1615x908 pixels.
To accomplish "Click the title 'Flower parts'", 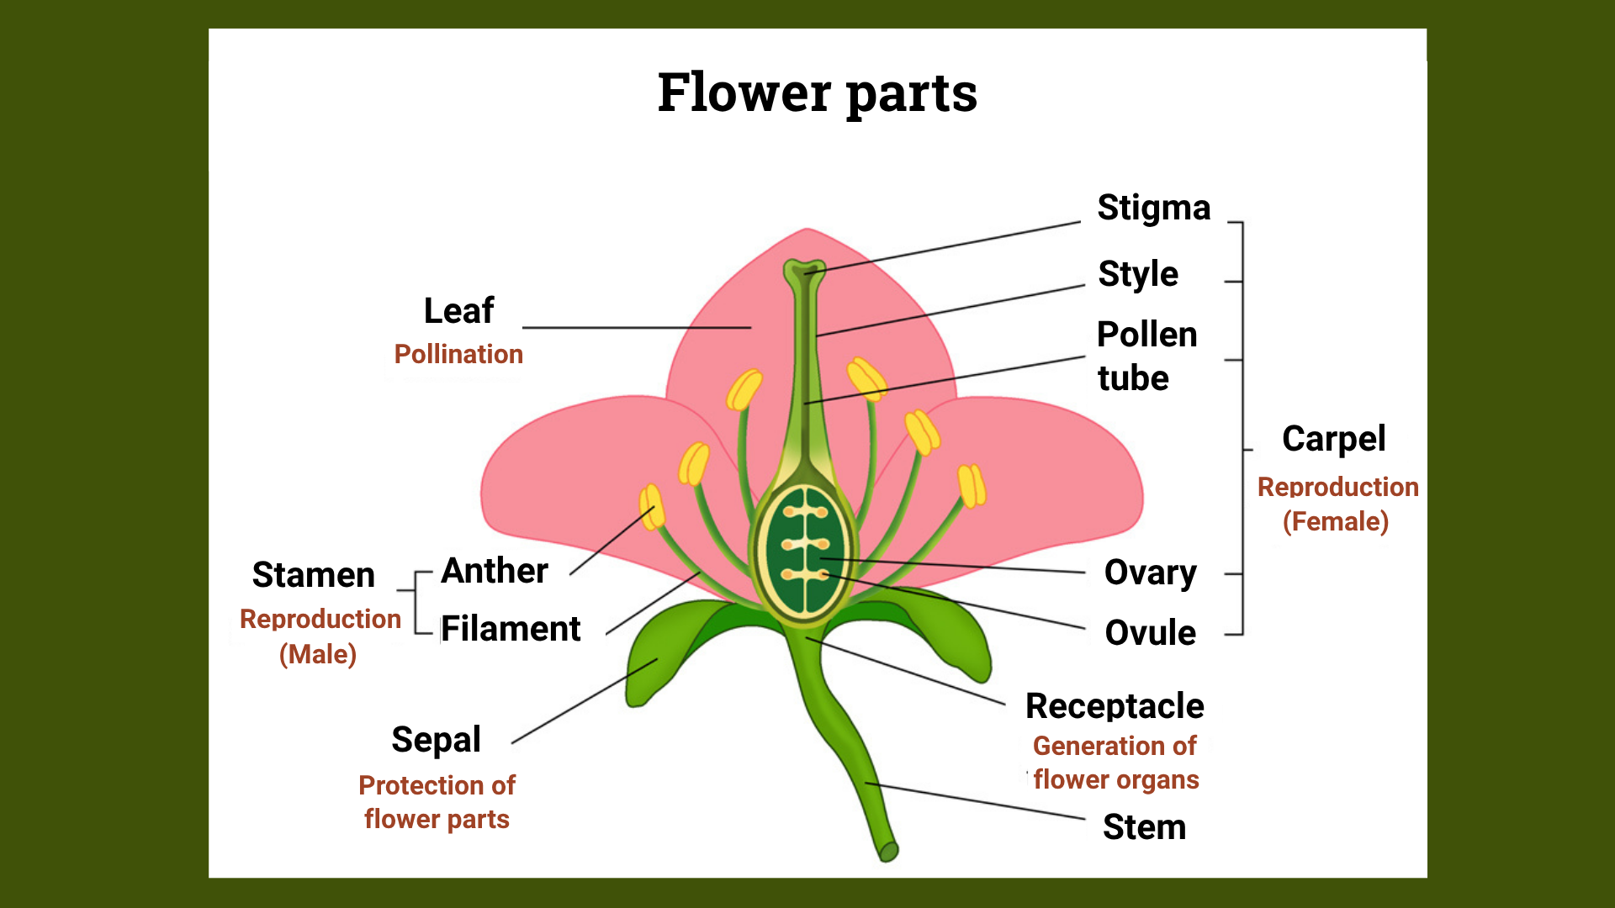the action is pyautogui.click(x=817, y=92).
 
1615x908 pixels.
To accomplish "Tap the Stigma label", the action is pyautogui.click(x=1154, y=209).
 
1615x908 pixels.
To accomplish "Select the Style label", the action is pyautogui.click(x=1138, y=274).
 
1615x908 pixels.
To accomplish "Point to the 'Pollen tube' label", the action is pyautogui.click(x=1147, y=356).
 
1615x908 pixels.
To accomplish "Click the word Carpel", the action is pyautogui.click(x=1333, y=439).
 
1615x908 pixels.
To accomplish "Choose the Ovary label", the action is pyautogui.click(x=1150, y=573).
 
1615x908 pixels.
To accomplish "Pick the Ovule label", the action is pyautogui.click(x=1150, y=633).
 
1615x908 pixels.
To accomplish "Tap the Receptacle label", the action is pyautogui.click(x=1115, y=707).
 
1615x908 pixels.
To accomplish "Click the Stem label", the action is pyautogui.click(x=1144, y=827).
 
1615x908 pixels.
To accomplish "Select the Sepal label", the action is pyautogui.click(x=436, y=741).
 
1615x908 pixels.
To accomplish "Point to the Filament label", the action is pyautogui.click(x=511, y=629).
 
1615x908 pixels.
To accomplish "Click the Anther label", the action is pyautogui.click(x=495, y=571).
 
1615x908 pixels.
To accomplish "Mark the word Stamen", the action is pyautogui.click(x=313, y=575).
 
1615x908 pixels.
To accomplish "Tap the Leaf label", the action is pyautogui.click(x=458, y=311).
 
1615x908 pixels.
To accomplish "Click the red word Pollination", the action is pyautogui.click(x=458, y=354).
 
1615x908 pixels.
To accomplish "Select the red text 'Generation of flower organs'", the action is pyautogui.click(x=1115, y=763).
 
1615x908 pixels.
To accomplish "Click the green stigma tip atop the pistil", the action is pyautogui.click(x=804, y=271).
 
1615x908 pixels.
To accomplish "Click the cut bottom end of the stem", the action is pyautogui.click(x=888, y=853).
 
